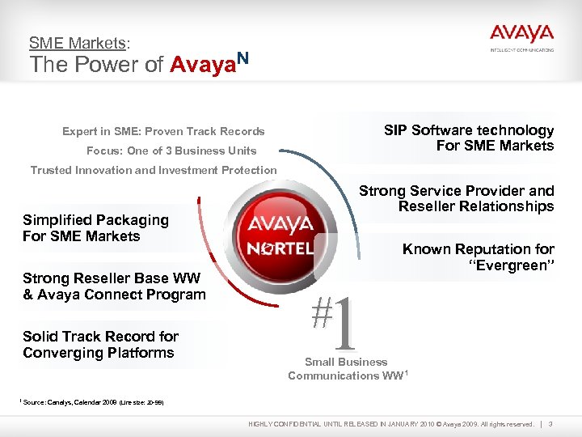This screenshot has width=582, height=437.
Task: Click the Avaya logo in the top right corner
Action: coord(521,36)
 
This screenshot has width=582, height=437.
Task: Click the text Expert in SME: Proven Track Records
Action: coord(163,131)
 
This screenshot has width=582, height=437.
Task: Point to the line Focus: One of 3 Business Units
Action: coord(171,151)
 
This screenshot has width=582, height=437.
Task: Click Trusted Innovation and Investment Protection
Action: coord(153,170)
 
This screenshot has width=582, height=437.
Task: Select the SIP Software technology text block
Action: coord(469,138)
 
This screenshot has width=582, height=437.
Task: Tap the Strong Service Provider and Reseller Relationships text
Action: coord(457,198)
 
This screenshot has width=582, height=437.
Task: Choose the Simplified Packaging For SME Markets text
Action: coord(95,228)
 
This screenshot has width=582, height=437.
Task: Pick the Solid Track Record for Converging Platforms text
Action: coord(100,345)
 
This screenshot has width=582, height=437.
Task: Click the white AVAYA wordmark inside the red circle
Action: coord(280,223)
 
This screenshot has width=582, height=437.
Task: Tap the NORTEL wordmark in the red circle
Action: coord(280,247)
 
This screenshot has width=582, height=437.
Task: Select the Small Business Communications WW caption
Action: coord(346,369)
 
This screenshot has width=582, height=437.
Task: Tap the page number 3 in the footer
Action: coord(550,424)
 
